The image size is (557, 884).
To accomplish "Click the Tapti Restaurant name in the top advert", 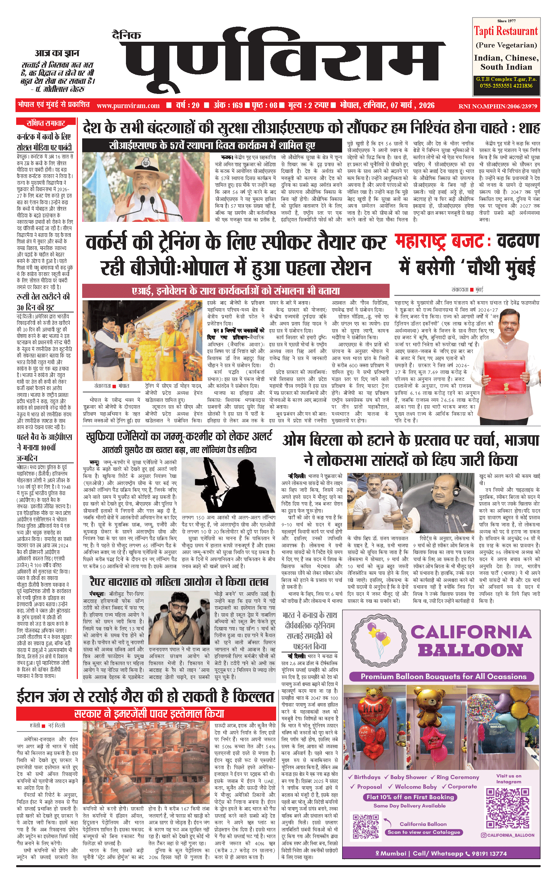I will [505, 32].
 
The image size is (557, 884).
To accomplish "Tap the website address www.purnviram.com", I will [128, 106].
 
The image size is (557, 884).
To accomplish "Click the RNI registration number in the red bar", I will [497, 106].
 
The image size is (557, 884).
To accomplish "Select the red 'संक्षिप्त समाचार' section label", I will [45, 123].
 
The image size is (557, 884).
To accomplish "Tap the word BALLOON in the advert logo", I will [470, 650].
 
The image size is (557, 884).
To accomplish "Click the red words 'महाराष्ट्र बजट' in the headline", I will [439, 242].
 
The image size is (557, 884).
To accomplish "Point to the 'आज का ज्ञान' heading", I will [57, 53].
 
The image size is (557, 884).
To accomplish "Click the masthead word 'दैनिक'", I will [126, 35].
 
